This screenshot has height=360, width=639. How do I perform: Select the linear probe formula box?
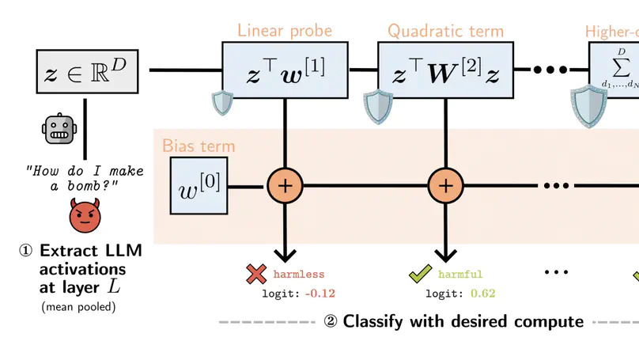tap(285, 70)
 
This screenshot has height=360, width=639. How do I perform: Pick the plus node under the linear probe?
tap(285, 186)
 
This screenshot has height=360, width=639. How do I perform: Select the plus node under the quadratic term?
tap(446, 186)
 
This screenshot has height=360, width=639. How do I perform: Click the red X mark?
tap(256, 275)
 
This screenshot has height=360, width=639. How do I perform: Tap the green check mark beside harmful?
tap(418, 275)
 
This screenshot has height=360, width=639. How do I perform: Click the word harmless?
tap(299, 275)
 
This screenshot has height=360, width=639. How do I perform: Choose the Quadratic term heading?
tap(445, 32)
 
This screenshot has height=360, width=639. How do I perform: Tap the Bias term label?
tap(199, 146)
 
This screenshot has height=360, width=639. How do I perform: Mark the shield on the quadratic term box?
tap(378, 107)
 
